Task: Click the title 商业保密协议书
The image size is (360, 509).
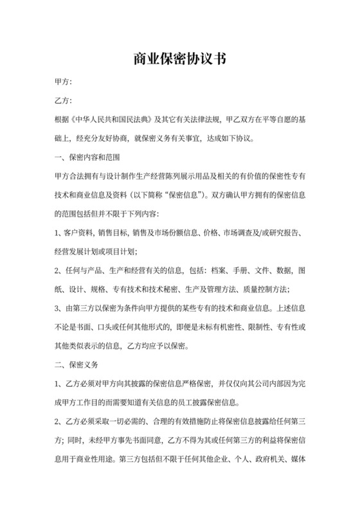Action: click(180, 60)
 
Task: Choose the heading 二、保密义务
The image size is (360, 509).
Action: click(76, 365)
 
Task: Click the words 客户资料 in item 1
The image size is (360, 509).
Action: click(79, 231)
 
